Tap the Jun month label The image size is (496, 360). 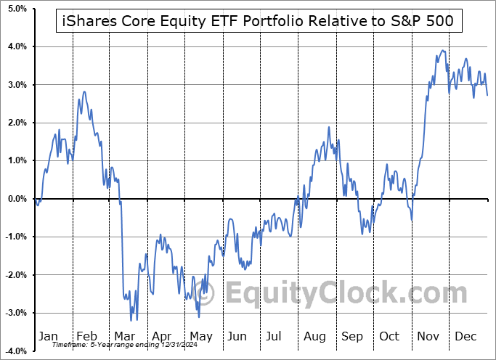coord(237,336)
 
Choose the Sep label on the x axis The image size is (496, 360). coord(351,336)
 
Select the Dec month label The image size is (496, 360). coord(466,336)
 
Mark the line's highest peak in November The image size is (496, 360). coord(442,51)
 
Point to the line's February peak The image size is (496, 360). coord(84,92)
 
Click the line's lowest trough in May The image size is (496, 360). coord(199,316)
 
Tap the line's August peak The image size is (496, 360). coord(329,128)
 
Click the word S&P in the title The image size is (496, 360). coord(407,21)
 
